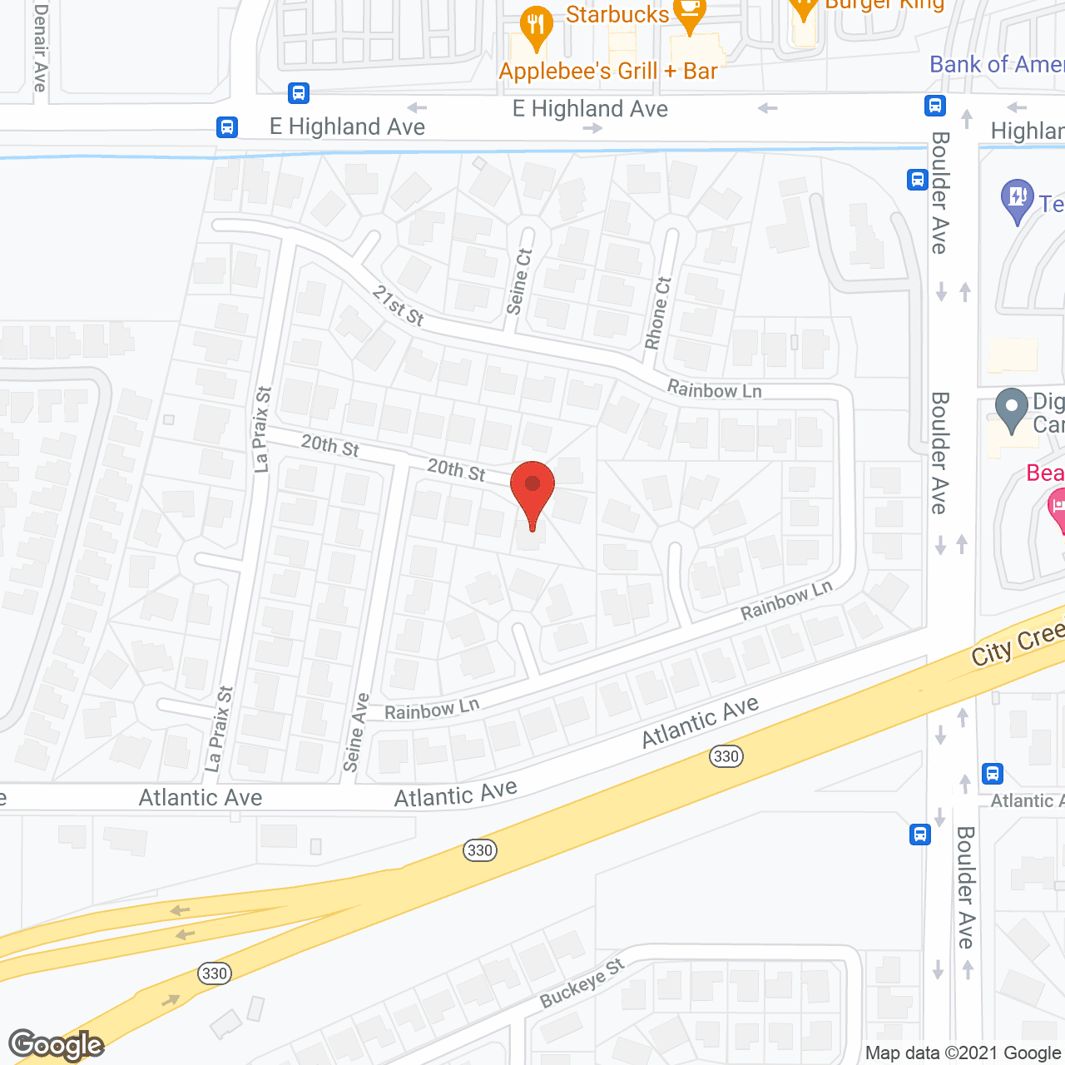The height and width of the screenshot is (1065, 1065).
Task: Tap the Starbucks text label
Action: point(617,15)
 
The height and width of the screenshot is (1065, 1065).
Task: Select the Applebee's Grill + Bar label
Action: point(607,72)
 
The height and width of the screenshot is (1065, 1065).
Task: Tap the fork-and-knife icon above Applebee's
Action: point(536,27)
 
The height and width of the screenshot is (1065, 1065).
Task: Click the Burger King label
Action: point(884,5)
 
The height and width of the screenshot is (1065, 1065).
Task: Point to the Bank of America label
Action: point(996,65)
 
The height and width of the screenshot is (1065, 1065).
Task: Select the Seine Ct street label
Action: point(518,282)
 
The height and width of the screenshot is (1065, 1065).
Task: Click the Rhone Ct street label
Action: point(657,313)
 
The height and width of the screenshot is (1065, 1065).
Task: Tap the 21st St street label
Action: point(398,305)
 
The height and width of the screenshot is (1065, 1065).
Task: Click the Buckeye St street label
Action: point(582,983)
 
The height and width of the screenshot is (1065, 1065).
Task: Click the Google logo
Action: point(57,1044)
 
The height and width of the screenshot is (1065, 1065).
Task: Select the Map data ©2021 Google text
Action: point(963,1053)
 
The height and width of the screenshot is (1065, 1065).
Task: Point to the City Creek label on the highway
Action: point(1017,644)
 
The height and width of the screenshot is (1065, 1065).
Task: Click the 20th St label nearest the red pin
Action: point(456,470)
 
